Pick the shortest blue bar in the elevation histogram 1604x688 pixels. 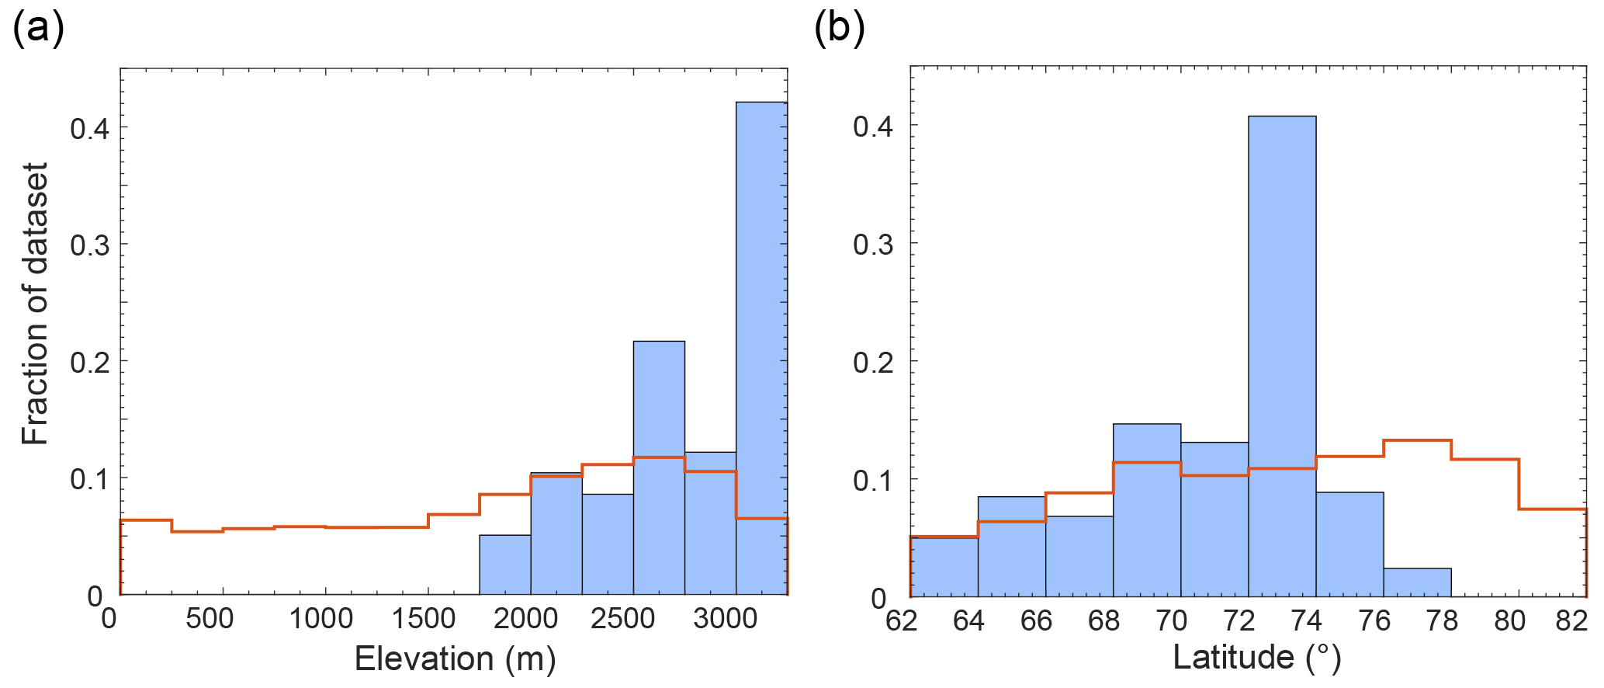pos(505,565)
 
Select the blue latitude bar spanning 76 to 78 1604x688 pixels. pos(1417,582)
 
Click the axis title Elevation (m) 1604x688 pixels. pos(456,659)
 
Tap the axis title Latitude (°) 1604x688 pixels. pos(1257,658)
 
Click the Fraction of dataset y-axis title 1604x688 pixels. pos(35,304)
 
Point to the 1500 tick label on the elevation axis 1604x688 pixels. pos(424,619)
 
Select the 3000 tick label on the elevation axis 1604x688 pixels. pos(725,619)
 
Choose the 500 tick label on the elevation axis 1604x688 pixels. pos(210,619)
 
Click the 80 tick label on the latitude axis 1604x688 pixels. pos(1510,620)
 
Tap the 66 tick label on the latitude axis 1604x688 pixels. pos(1036,620)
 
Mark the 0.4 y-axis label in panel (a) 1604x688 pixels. pos(89,128)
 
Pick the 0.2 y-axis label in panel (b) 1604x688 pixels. pos(873,363)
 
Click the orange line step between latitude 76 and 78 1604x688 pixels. pos(1417,440)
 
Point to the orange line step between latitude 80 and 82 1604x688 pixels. pos(1552,509)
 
